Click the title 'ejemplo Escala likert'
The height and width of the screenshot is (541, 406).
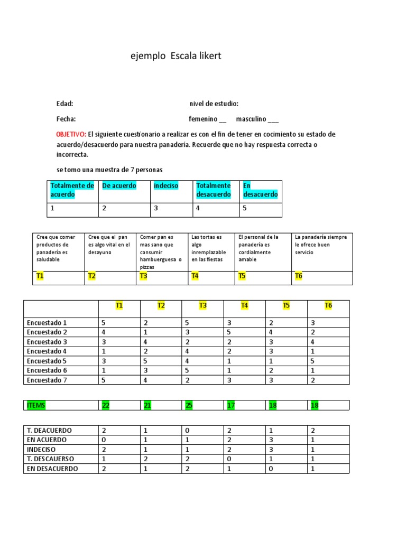(x=176, y=56)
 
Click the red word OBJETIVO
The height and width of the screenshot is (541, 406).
(x=71, y=134)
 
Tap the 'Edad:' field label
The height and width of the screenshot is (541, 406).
(x=64, y=104)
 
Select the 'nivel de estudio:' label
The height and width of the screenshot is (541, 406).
(x=214, y=104)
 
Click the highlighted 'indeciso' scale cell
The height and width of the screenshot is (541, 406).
(x=165, y=186)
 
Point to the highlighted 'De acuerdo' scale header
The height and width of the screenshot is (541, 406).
(x=119, y=186)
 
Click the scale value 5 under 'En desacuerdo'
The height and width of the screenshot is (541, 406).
(x=244, y=208)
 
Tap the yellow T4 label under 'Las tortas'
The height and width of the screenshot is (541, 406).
(x=195, y=276)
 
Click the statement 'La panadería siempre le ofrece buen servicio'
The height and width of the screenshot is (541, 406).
(x=320, y=245)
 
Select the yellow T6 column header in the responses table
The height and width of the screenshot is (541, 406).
(x=328, y=305)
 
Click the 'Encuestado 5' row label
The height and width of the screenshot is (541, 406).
(x=47, y=361)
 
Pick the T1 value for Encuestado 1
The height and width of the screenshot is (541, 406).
(x=104, y=322)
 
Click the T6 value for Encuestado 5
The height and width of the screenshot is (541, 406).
(x=312, y=361)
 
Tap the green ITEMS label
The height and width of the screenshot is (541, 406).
(x=36, y=405)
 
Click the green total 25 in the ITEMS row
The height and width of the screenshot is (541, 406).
(x=189, y=405)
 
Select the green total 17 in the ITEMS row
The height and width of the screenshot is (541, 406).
(x=230, y=405)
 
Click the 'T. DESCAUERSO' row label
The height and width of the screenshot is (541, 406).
(x=50, y=459)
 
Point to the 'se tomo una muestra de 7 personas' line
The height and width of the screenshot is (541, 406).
(x=109, y=170)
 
